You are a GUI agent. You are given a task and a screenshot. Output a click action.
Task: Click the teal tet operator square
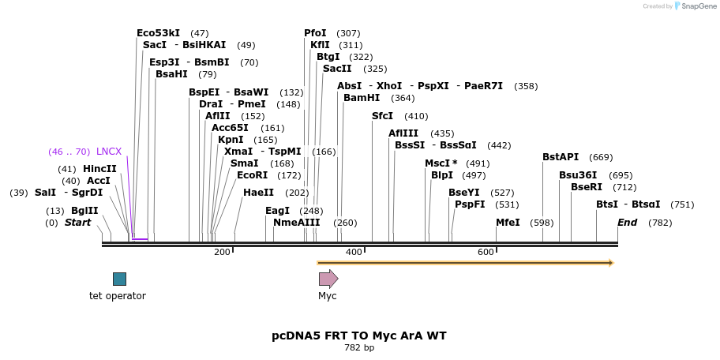coord(119,279)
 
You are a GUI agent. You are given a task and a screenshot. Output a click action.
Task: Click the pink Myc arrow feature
coord(328,279)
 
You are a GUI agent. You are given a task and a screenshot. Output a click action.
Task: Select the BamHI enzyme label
coord(362,98)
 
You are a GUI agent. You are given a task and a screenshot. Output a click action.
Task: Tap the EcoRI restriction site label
coord(252,175)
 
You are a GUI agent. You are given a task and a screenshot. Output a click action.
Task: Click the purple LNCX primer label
coord(109,152)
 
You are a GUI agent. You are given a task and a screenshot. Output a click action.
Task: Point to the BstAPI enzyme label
coord(561,157)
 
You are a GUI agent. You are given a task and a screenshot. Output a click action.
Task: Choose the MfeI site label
coord(508,223)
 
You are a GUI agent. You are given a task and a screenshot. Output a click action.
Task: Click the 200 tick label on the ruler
coord(222,252)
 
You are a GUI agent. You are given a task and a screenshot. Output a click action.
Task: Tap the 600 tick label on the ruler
coord(486,252)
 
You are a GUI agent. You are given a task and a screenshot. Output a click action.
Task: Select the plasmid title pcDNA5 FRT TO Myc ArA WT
coord(359,336)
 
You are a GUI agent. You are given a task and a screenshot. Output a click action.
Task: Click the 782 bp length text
coord(359,347)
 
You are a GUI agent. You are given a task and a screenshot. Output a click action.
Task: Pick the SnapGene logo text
coord(699,6)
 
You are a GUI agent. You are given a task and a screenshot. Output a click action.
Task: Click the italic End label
coord(627,223)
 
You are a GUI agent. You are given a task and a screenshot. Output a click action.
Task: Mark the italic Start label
coord(77,223)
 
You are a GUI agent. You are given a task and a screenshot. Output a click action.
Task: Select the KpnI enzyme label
coord(231,140)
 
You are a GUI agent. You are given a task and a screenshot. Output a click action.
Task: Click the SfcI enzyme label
coord(382,116)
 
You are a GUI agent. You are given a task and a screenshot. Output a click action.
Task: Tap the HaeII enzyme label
coord(259,193)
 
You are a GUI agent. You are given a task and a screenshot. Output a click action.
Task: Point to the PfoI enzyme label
coord(315,33)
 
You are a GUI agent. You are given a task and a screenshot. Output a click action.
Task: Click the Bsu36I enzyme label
coord(578,175)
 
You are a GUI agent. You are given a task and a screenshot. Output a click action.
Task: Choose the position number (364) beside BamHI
coord(403,98)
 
